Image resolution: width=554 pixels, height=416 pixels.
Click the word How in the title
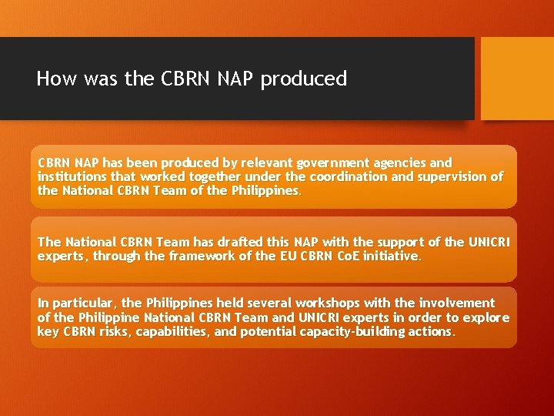click(x=53, y=79)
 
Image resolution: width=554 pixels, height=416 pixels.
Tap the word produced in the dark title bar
click(x=304, y=79)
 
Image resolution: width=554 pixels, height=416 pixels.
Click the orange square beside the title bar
click(x=516, y=79)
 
